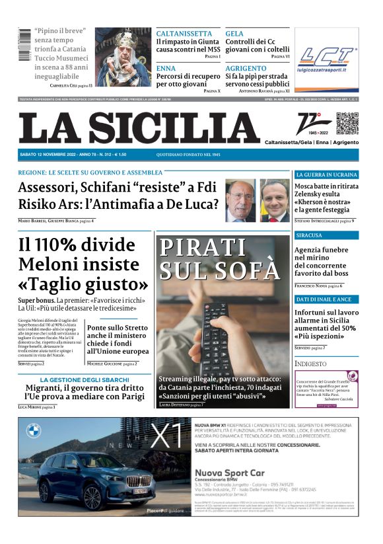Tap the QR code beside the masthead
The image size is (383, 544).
click(347, 124)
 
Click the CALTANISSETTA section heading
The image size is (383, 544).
click(184, 33)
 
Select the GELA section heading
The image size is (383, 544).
click(234, 33)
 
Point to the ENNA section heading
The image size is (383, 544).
click(166, 68)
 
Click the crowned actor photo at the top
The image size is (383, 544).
click(123, 57)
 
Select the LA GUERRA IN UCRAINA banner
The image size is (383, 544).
click(326, 175)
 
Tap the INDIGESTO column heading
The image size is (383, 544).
click(310, 364)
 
